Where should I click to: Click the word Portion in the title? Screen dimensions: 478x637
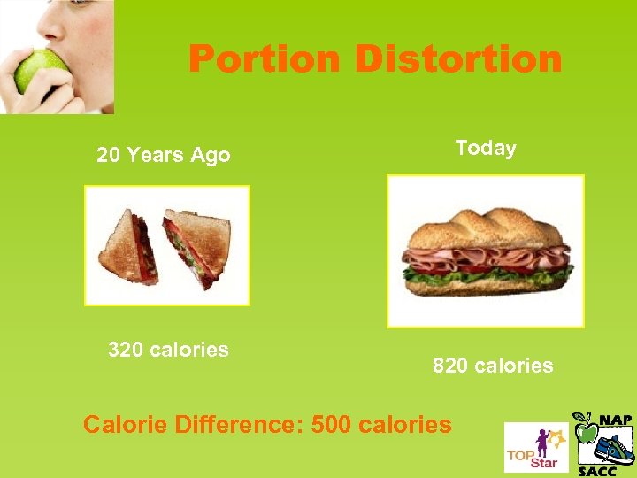point(264,60)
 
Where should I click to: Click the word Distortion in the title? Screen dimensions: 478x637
point(457,60)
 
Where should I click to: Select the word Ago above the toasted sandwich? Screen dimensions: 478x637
point(211,156)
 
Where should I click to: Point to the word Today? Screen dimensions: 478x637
point(486,148)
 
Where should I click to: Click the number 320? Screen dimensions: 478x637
point(126,350)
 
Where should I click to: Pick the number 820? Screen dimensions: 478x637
point(450,365)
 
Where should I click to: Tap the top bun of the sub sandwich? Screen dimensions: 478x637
point(485,228)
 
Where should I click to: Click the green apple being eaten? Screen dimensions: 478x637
point(39,70)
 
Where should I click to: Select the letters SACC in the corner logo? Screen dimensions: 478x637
point(597,470)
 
